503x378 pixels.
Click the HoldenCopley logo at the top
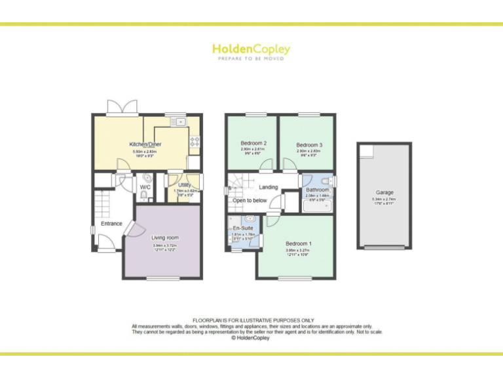click(251, 49)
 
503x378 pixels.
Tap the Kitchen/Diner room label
click(145, 144)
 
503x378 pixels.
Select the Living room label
click(165, 238)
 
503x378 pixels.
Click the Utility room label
click(184, 186)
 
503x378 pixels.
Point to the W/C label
click(145, 187)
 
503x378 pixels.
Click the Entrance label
click(111, 224)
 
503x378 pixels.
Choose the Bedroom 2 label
click(253, 143)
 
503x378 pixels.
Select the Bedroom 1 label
click(299, 244)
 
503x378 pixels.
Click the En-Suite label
click(242, 228)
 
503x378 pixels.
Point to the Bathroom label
click(318, 190)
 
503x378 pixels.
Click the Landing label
click(269, 187)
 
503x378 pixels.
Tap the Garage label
click(384, 193)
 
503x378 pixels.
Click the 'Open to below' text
click(250, 200)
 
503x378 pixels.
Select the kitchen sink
click(177, 122)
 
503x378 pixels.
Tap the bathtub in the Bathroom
click(318, 205)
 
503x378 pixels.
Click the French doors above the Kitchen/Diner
click(122, 107)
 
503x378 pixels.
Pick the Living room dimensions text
click(165, 247)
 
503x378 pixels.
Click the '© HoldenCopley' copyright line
click(251, 338)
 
